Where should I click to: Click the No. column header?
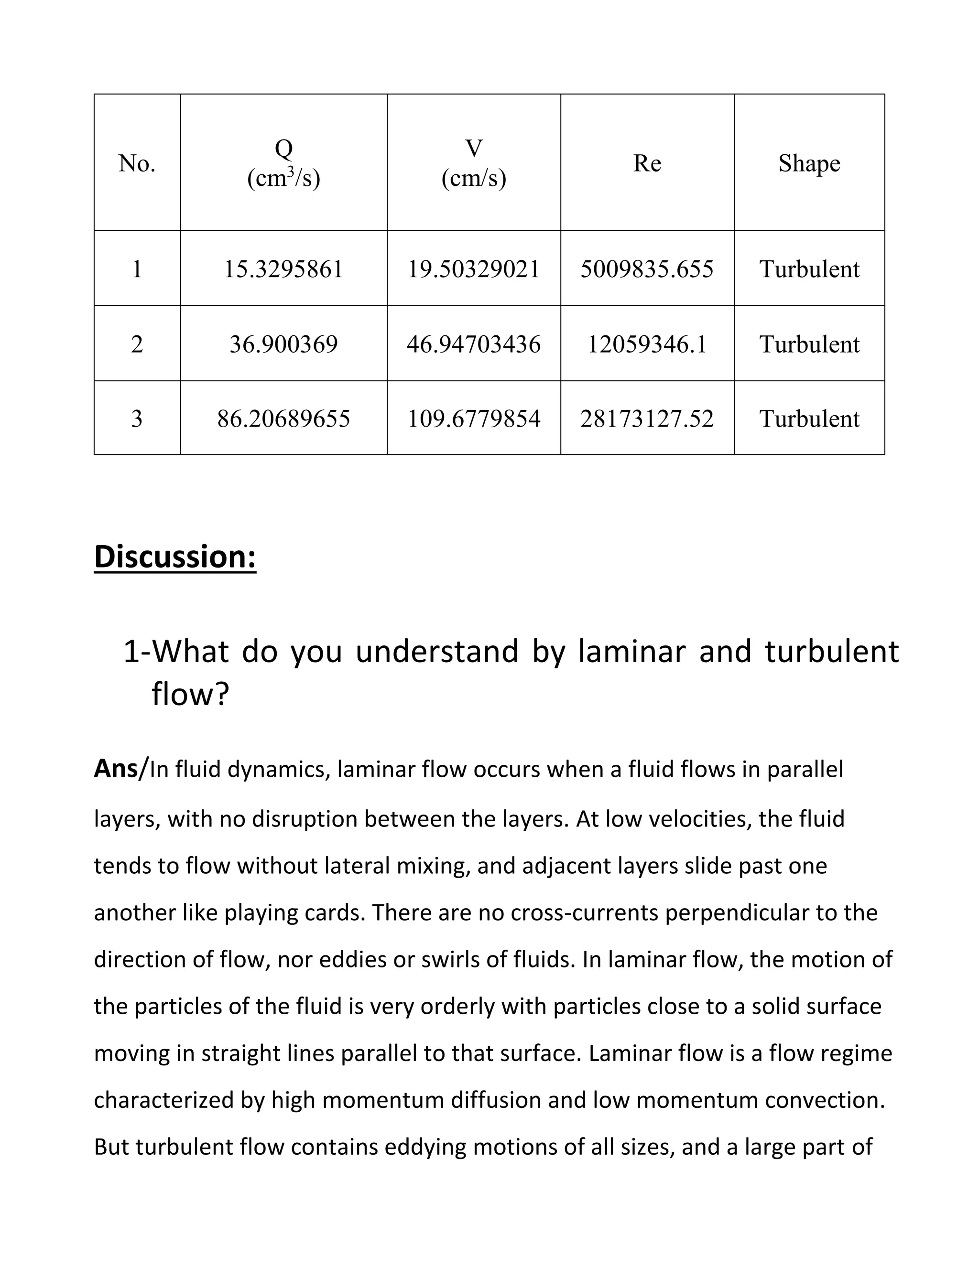(137, 163)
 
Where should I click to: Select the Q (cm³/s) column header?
(283, 163)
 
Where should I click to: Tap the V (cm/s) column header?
(473, 163)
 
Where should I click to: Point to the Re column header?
(647, 163)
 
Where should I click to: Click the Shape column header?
(809, 163)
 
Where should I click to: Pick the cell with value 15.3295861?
(283, 269)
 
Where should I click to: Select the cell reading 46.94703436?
(473, 344)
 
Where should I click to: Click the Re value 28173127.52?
(647, 418)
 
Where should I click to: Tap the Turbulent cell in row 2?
(809, 344)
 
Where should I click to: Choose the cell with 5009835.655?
(647, 269)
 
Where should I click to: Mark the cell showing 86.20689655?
(283, 418)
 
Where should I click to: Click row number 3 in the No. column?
(137, 418)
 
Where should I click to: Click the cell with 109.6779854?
(473, 418)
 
